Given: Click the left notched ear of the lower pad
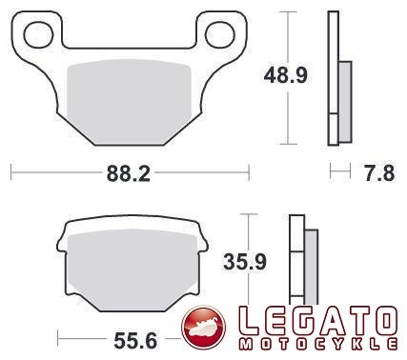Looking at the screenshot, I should (64, 232).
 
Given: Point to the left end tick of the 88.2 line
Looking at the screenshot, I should (11, 173).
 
